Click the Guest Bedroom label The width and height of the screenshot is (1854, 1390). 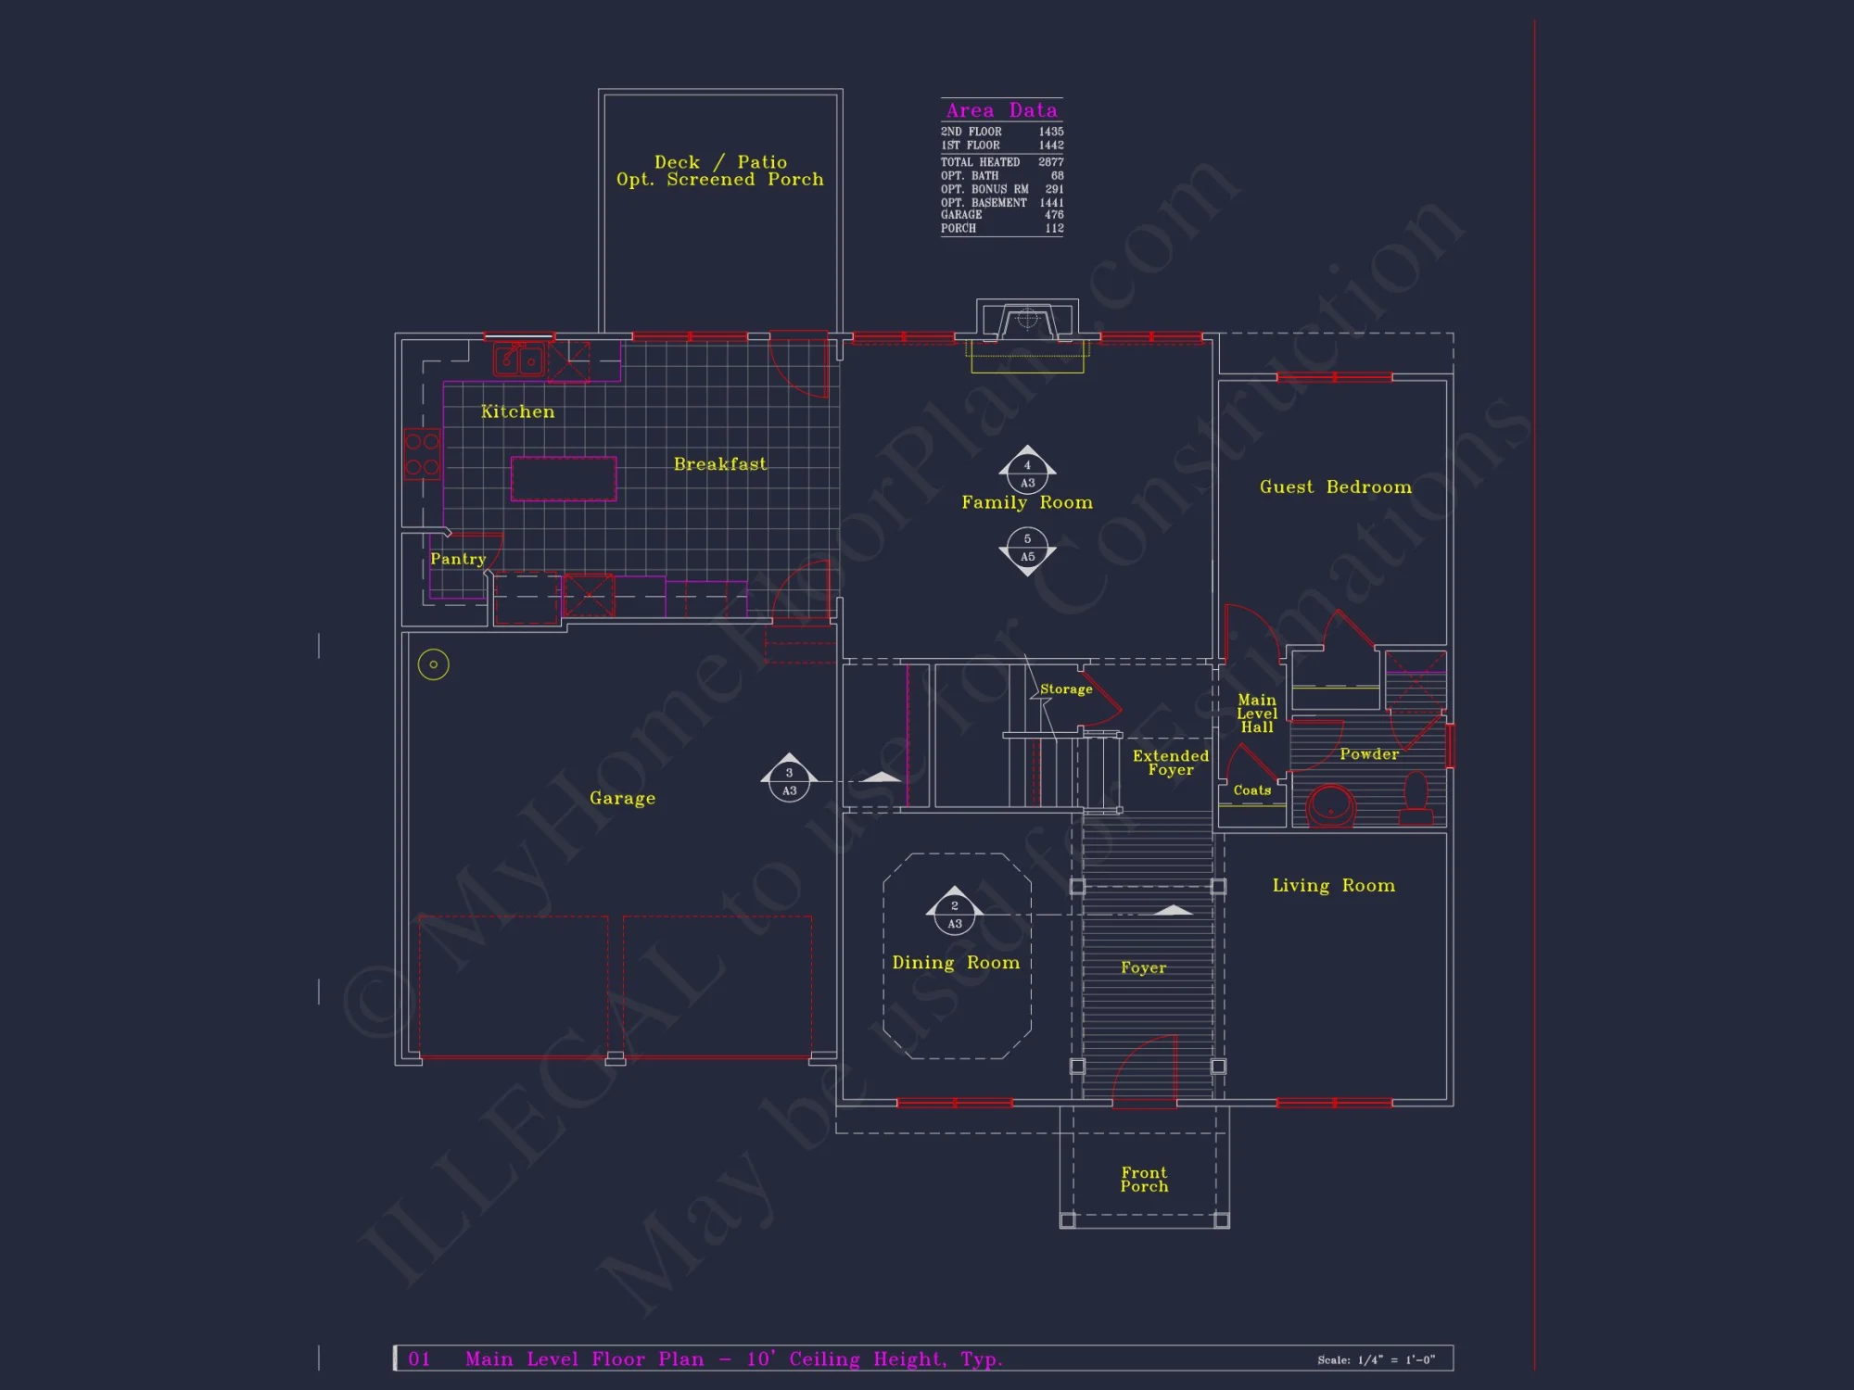(x=1335, y=487)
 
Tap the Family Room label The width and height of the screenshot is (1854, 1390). (x=1027, y=503)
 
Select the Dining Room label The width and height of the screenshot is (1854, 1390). (x=956, y=963)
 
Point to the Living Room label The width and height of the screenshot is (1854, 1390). (x=1333, y=886)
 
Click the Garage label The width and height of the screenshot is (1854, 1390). (x=622, y=799)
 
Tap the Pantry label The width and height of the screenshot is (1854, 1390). (x=458, y=560)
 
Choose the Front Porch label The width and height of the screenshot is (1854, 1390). (x=1144, y=1180)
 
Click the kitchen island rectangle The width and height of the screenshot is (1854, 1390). (x=564, y=479)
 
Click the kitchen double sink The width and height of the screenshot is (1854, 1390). (x=518, y=359)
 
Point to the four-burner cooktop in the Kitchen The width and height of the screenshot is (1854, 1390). (x=422, y=454)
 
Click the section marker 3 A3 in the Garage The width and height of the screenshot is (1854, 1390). (x=789, y=781)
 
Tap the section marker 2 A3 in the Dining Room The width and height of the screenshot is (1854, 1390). (x=955, y=915)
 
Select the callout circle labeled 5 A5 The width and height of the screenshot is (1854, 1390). (x=1027, y=548)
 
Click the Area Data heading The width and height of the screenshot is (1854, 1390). (x=1001, y=110)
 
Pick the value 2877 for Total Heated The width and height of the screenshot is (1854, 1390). (x=1051, y=162)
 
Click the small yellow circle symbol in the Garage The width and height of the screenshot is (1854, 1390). (x=433, y=664)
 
